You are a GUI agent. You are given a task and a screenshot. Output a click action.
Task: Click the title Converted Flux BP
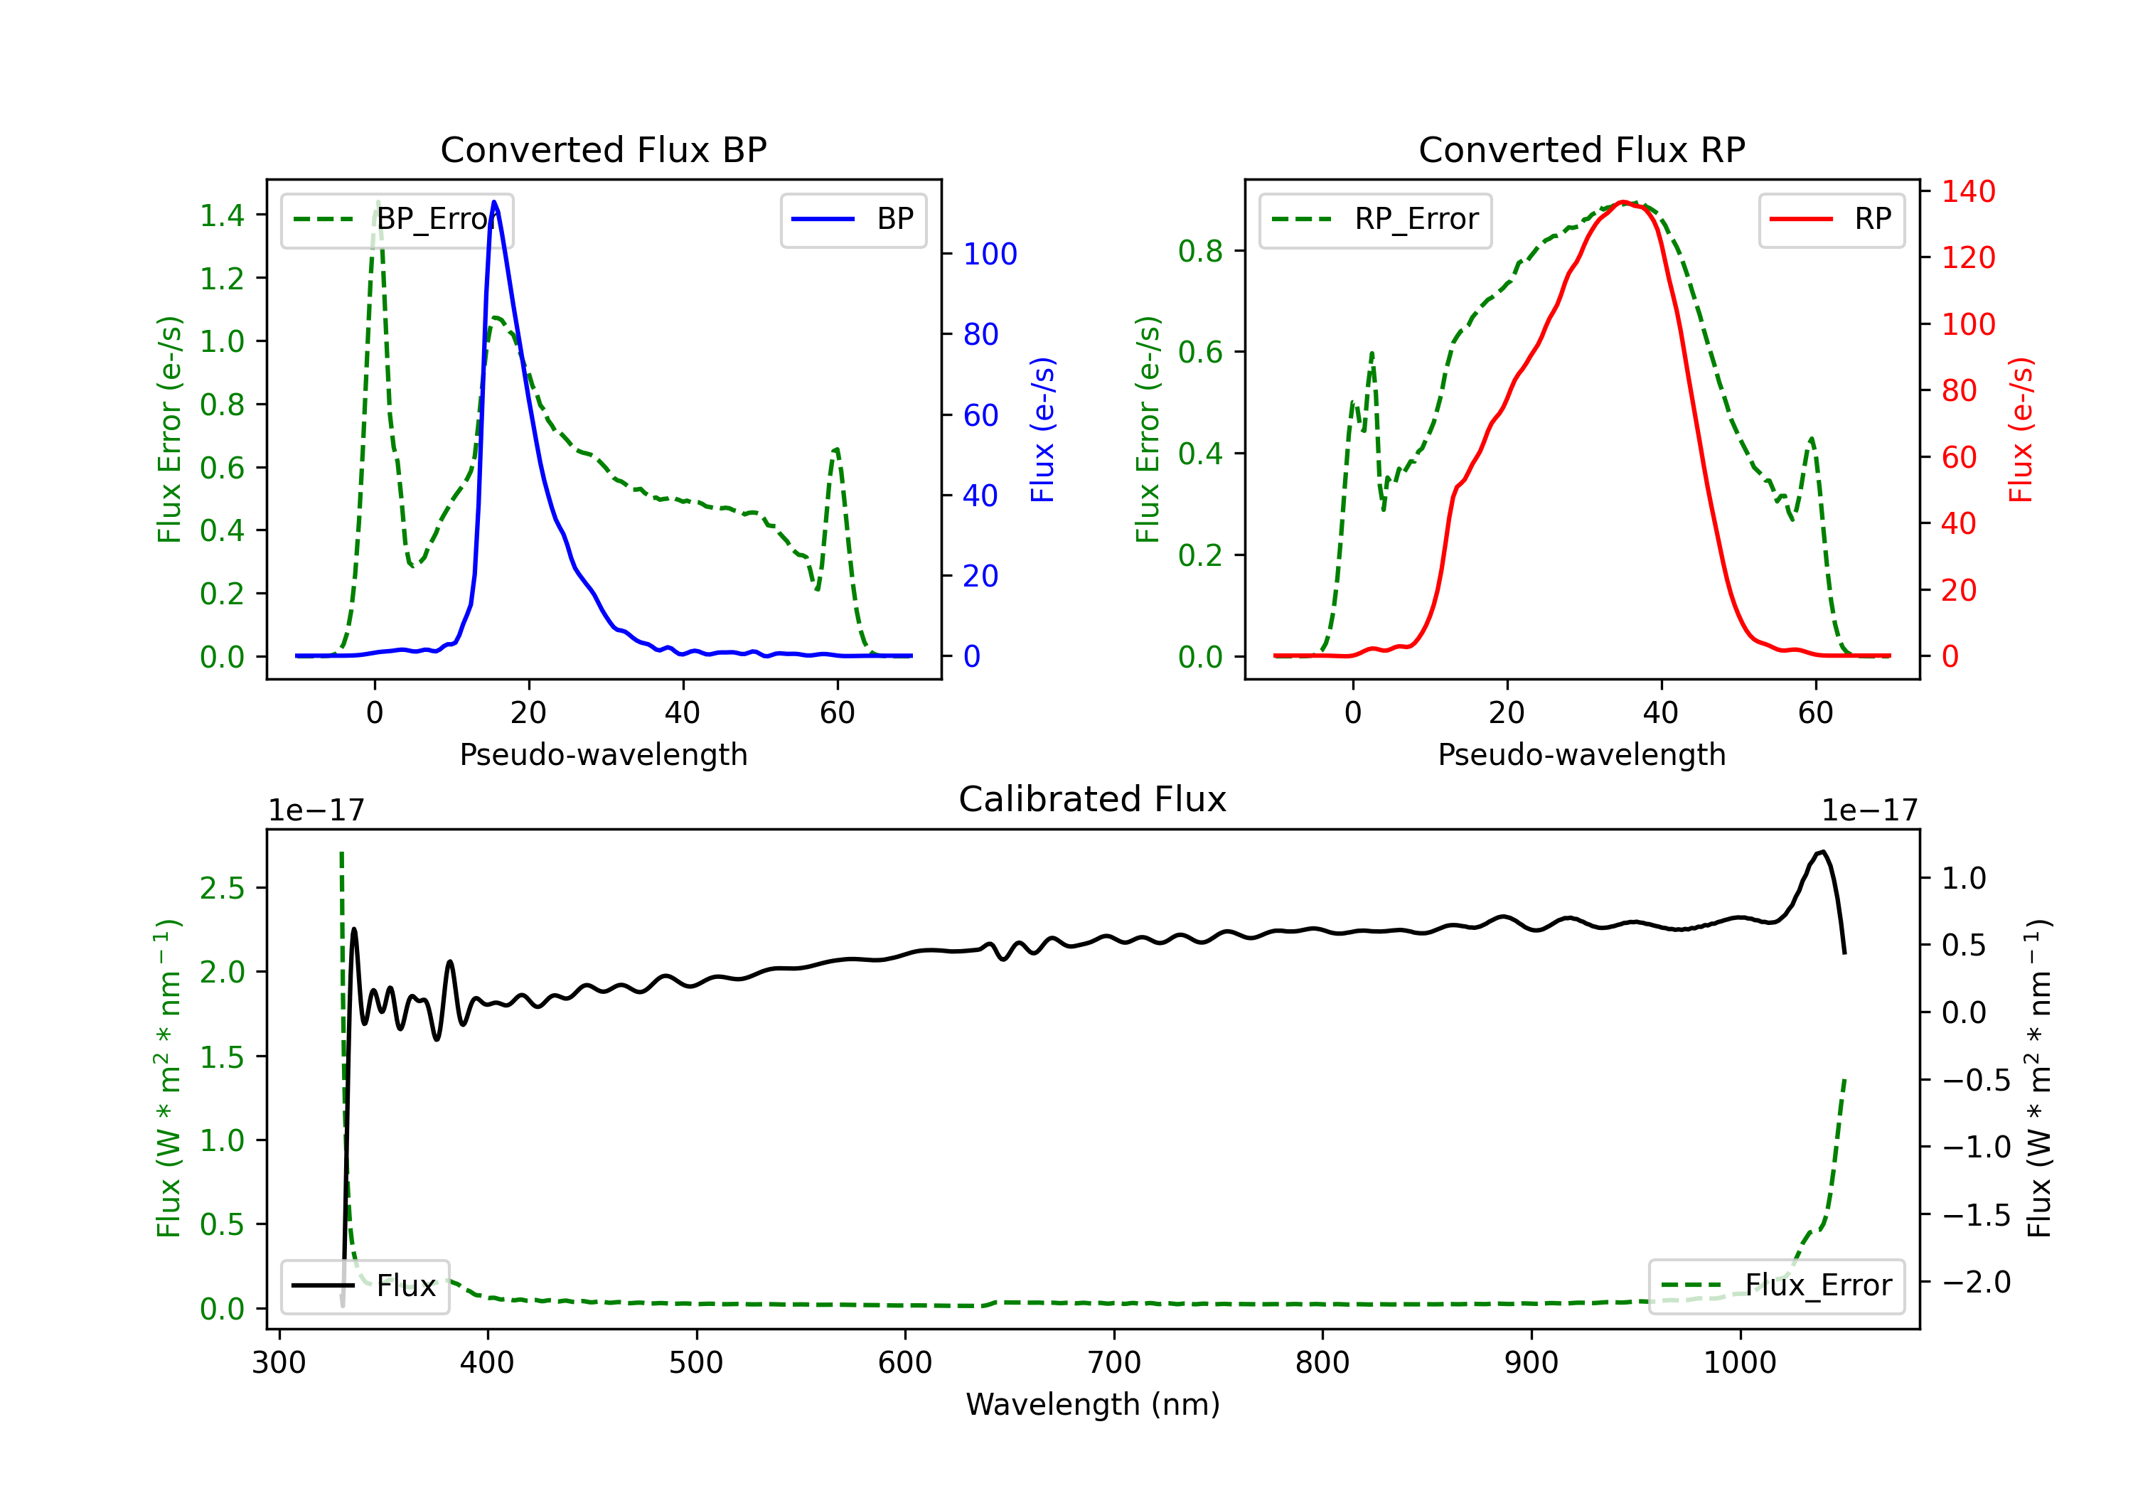(x=603, y=149)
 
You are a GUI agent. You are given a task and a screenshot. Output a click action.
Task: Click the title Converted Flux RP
(x=1581, y=149)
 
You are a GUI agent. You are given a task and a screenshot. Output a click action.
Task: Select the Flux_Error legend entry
(x=1776, y=1286)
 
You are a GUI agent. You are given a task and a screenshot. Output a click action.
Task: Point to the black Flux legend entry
(x=365, y=1286)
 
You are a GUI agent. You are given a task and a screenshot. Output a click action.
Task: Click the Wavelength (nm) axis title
(x=1093, y=1404)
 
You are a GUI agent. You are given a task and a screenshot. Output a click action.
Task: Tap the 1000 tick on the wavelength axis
(x=1739, y=1362)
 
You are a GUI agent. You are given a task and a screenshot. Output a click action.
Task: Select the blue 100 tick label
(x=990, y=254)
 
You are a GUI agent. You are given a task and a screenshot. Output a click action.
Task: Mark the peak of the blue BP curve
(x=494, y=202)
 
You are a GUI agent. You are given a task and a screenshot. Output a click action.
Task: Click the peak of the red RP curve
(x=1622, y=202)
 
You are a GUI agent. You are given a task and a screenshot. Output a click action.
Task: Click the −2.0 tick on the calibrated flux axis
(x=1976, y=1282)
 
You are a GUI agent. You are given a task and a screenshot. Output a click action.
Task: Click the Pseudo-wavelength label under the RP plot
(x=1581, y=754)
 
